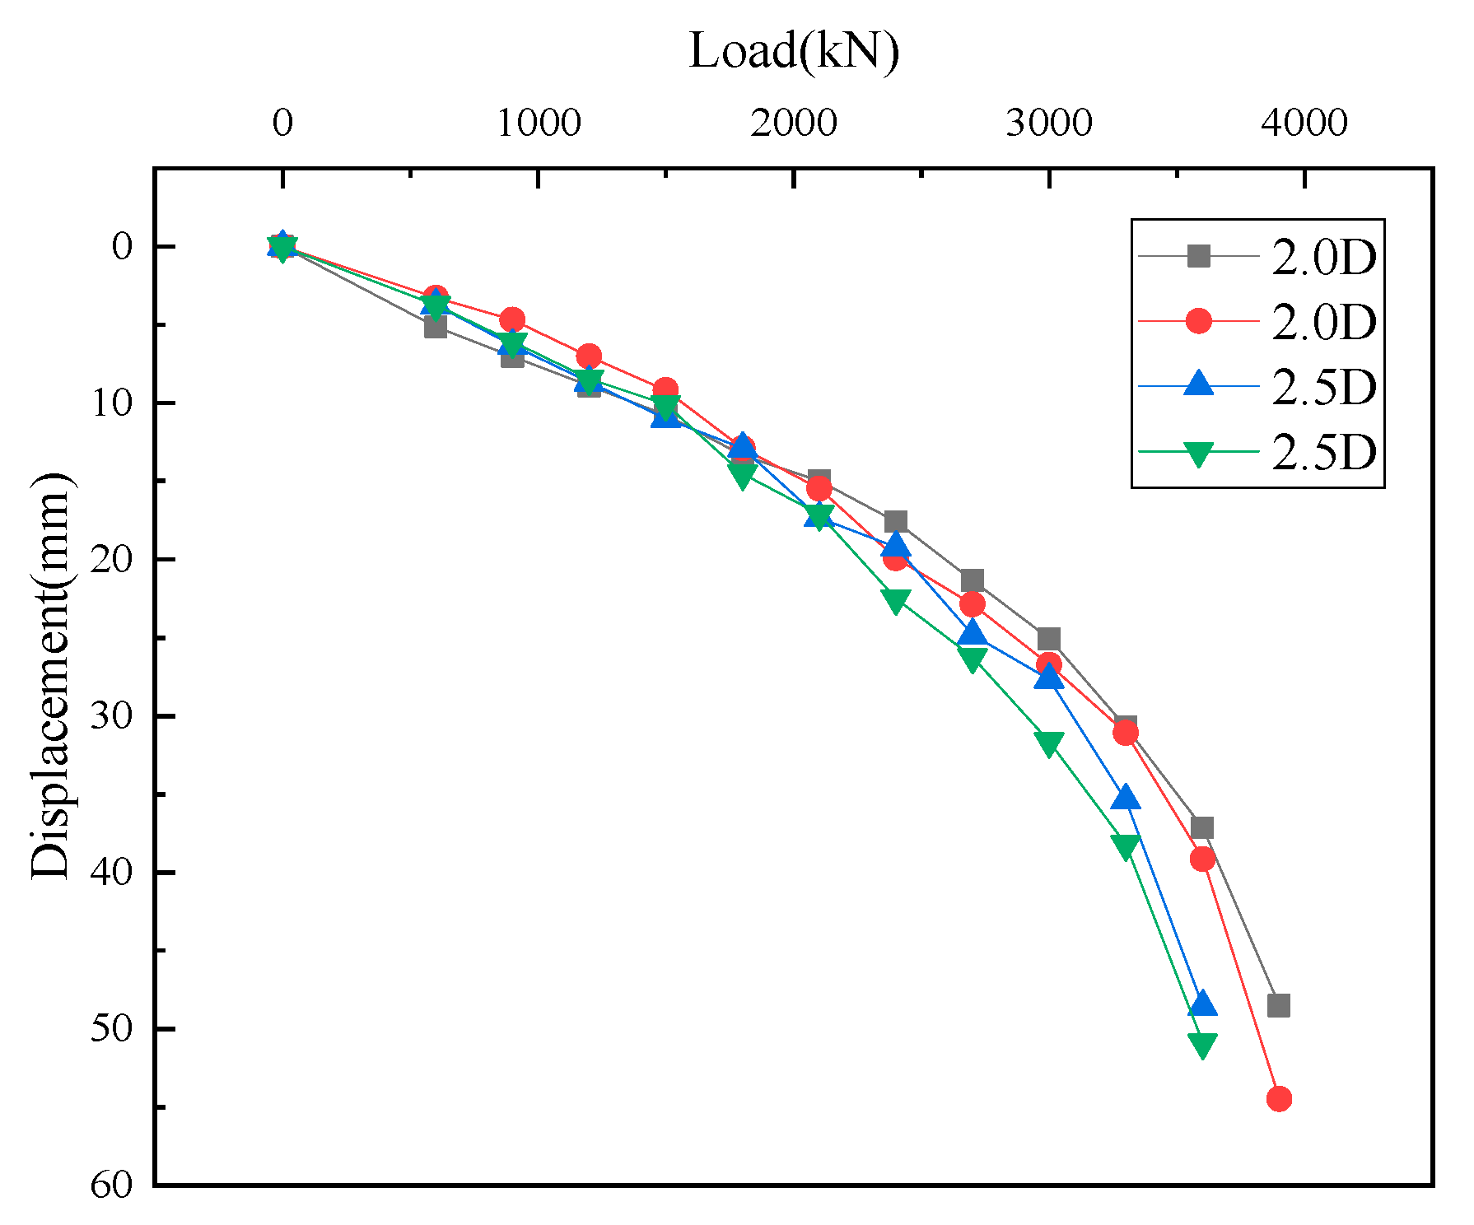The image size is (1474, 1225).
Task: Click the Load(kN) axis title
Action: (793, 51)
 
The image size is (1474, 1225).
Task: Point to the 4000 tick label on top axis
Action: (1304, 123)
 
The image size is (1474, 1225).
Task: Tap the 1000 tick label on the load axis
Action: (539, 123)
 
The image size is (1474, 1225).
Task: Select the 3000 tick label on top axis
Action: (1048, 123)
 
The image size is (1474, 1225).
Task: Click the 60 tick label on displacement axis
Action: (110, 1185)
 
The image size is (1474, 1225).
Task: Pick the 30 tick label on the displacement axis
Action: (110, 715)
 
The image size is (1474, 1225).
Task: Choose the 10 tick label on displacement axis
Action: (110, 403)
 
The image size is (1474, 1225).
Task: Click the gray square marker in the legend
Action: (1199, 256)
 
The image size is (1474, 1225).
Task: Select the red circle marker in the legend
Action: (1199, 321)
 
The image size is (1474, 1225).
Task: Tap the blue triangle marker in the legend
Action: (1199, 384)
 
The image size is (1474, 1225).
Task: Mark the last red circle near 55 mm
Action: (1279, 1098)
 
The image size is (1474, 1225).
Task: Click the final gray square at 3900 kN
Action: (1279, 1005)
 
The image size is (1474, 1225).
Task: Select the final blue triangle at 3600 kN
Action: (1202, 1004)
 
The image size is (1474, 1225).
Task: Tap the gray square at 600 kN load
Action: (436, 328)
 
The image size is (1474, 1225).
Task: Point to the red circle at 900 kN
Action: (512, 319)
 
